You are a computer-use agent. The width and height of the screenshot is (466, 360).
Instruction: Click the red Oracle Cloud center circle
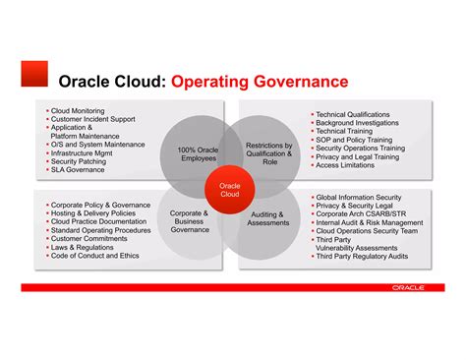[229, 188]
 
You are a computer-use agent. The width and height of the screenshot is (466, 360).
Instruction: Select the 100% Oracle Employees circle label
[199, 153]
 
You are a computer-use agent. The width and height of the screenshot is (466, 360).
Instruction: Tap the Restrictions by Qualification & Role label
[269, 152]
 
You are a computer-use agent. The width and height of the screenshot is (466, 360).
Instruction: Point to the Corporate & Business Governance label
[189, 220]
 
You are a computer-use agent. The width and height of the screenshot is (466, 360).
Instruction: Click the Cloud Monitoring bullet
[79, 112]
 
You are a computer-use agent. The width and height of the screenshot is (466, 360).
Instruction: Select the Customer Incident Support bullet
[93, 120]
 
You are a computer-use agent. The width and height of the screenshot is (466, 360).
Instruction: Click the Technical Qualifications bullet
[352, 115]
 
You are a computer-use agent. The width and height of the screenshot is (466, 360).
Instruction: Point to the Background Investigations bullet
[356, 123]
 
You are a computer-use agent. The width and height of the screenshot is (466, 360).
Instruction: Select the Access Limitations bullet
[347, 165]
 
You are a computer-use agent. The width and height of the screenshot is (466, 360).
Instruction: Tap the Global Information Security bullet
[358, 198]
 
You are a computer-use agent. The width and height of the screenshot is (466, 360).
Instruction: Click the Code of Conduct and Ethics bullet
[94, 255]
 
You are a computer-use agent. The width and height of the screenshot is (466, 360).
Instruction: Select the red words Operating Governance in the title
[260, 80]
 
